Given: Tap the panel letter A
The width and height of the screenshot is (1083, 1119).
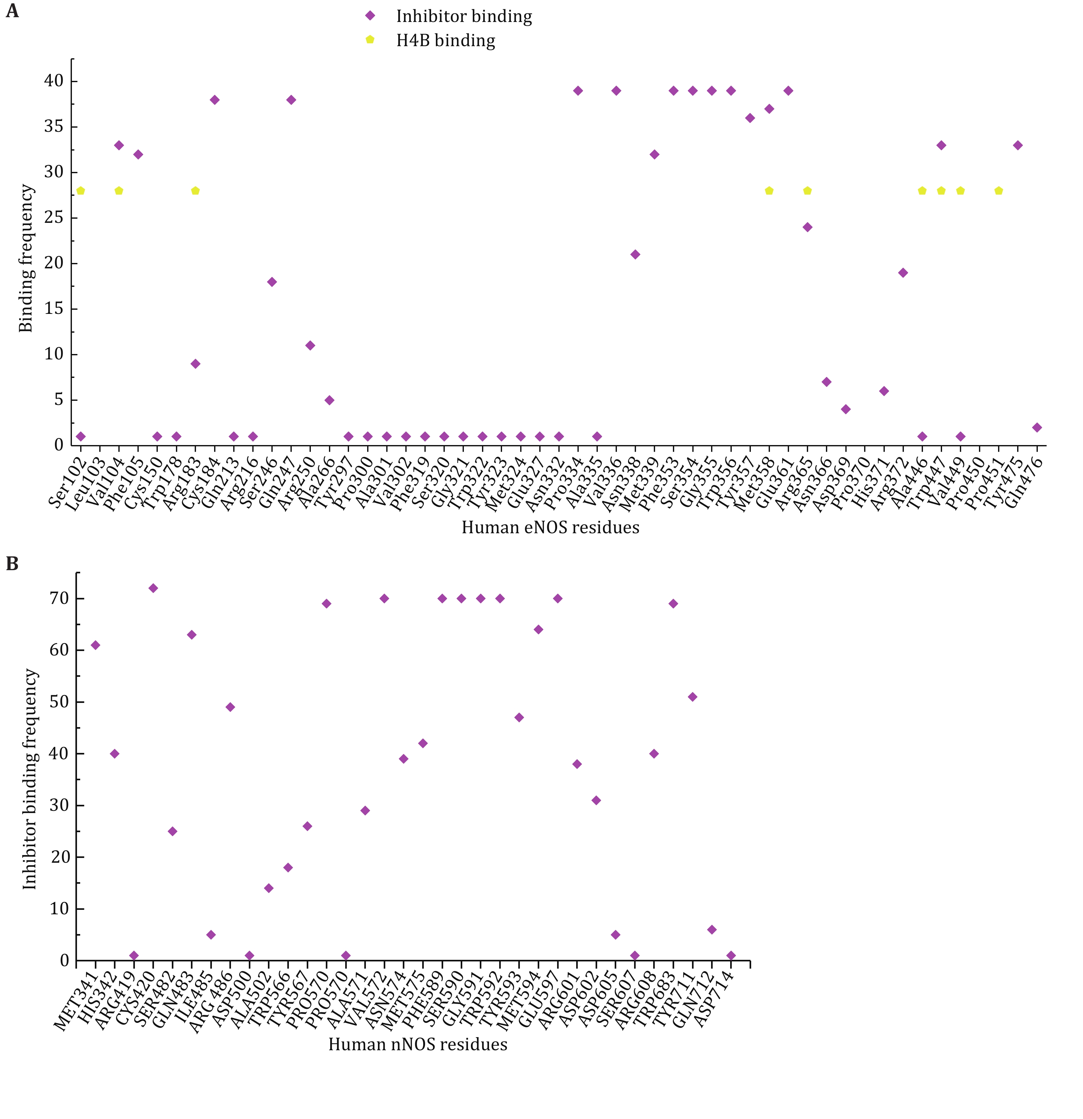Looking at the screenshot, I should [12, 11].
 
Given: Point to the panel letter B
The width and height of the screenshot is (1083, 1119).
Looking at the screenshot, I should [12, 564].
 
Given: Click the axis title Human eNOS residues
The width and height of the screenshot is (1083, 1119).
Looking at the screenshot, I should [550, 528].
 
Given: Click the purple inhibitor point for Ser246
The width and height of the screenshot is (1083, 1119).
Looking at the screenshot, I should [272, 282].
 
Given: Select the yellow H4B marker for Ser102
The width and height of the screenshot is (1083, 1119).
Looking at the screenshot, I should [80, 191].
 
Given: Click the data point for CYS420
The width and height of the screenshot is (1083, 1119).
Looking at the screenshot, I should [153, 588].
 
